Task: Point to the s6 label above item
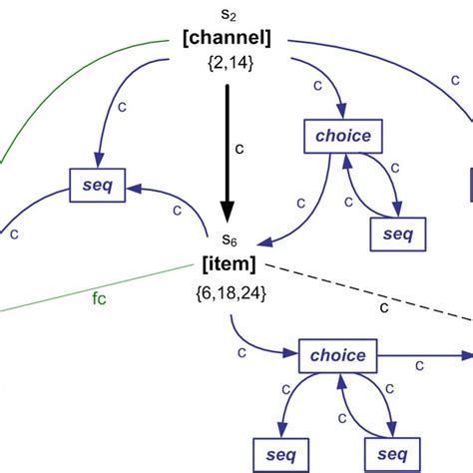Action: point(229,239)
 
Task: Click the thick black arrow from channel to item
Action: point(228,150)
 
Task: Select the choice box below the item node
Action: point(339,355)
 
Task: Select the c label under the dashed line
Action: point(384,310)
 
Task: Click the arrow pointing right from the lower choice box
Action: point(424,354)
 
